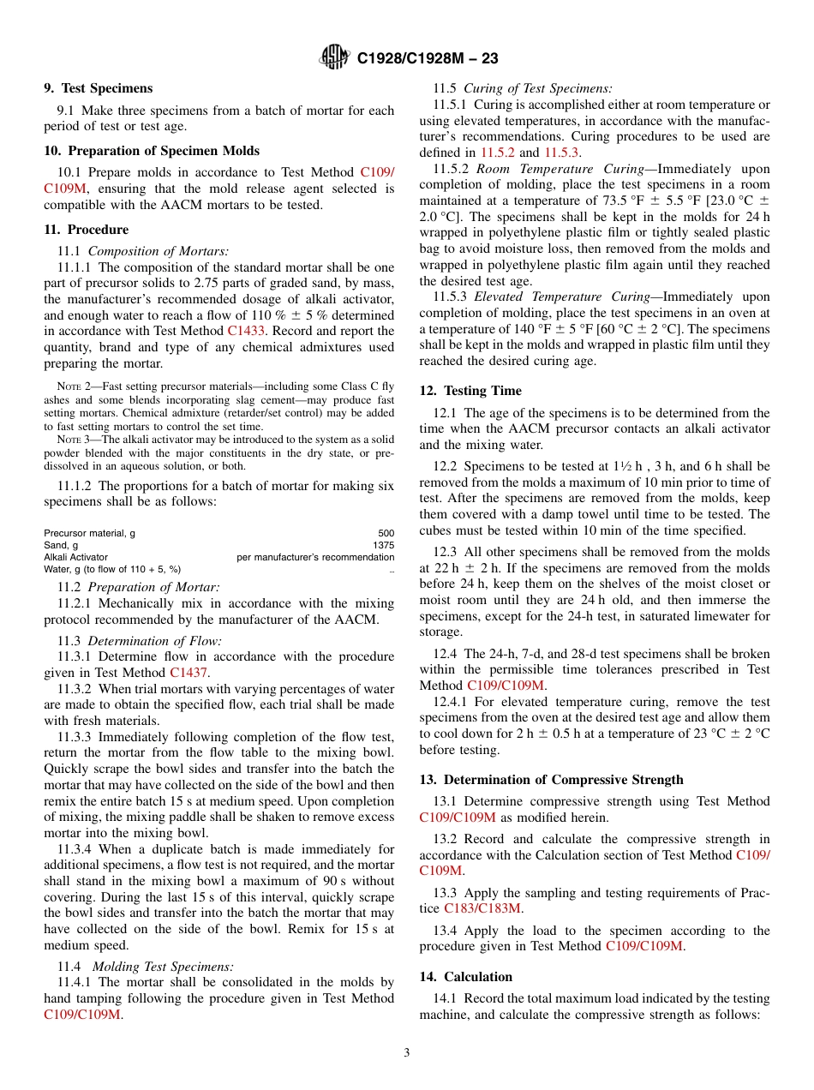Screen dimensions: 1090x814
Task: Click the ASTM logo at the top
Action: pos(333,57)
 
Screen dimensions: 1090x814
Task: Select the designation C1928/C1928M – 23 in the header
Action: pos(427,58)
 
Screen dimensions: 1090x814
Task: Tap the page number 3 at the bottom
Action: pos(407,1052)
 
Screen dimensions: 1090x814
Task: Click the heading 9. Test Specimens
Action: pos(98,88)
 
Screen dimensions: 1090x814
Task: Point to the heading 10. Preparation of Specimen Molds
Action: pos(151,151)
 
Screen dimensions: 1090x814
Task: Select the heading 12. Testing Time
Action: pos(470,391)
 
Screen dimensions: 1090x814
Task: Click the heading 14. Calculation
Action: pos(465,977)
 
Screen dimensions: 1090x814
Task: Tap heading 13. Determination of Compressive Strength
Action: pos(551,780)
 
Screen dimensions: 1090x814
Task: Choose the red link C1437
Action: pos(189,673)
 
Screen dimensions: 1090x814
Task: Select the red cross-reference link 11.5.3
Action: pos(561,153)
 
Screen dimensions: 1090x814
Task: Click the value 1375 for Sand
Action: pos(383,545)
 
